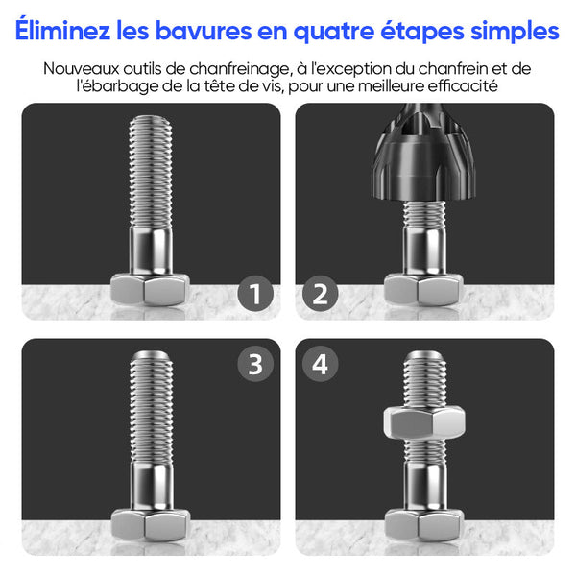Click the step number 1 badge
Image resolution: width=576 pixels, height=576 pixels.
tap(255, 294)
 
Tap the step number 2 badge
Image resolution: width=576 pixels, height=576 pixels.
tap(320, 294)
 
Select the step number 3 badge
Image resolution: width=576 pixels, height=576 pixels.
tap(255, 364)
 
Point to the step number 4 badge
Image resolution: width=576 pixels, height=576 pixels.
tap(320, 364)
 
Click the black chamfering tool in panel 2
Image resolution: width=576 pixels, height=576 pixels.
tap(424, 158)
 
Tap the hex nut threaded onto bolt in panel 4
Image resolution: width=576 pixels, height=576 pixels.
tap(424, 422)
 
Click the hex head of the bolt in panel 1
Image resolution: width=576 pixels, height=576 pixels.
tap(151, 290)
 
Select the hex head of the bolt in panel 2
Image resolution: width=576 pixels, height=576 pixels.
tap(423, 290)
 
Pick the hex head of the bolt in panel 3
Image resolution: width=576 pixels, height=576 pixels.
tap(151, 524)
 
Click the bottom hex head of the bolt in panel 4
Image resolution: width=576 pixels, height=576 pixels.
tap(423, 524)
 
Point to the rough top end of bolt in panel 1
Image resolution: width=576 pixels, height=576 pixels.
tap(151, 121)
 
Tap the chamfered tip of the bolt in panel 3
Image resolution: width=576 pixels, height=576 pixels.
tap(151, 356)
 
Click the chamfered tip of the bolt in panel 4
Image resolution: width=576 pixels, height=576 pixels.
tap(424, 356)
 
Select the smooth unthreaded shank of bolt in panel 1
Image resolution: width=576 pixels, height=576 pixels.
tap(151, 251)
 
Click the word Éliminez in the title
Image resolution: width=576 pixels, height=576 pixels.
tap(62, 31)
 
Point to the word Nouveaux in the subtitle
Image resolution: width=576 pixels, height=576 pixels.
tap(82, 69)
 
